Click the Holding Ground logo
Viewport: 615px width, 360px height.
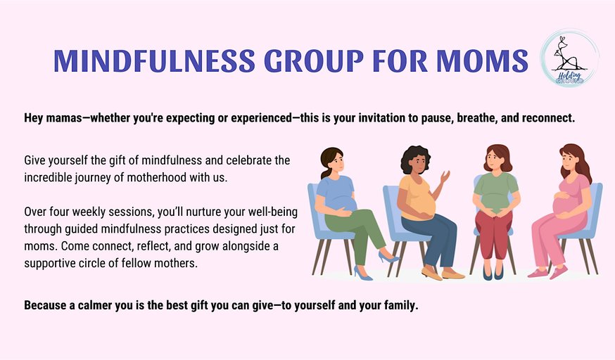pos(569,58)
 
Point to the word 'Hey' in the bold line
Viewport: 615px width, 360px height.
pos(34,118)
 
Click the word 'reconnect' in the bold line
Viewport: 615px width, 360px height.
pos(546,118)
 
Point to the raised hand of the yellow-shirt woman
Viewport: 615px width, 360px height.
pos(445,175)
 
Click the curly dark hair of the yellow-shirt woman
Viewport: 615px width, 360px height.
pos(413,158)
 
